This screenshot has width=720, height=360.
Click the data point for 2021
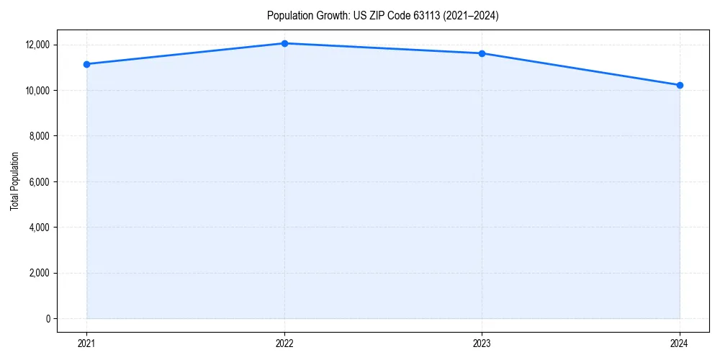coord(86,64)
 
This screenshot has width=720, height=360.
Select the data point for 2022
coord(284,43)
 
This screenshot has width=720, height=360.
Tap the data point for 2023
coord(482,53)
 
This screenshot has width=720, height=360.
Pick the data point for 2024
coord(680,85)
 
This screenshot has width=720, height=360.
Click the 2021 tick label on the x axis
coord(86,343)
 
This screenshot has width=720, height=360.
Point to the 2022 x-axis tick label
coord(284,343)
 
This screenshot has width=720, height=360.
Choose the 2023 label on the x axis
coord(482,343)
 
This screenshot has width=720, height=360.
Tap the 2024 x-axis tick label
coord(680,343)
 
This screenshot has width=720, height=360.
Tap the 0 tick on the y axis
coord(48,319)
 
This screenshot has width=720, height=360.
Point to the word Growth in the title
coord(327,16)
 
